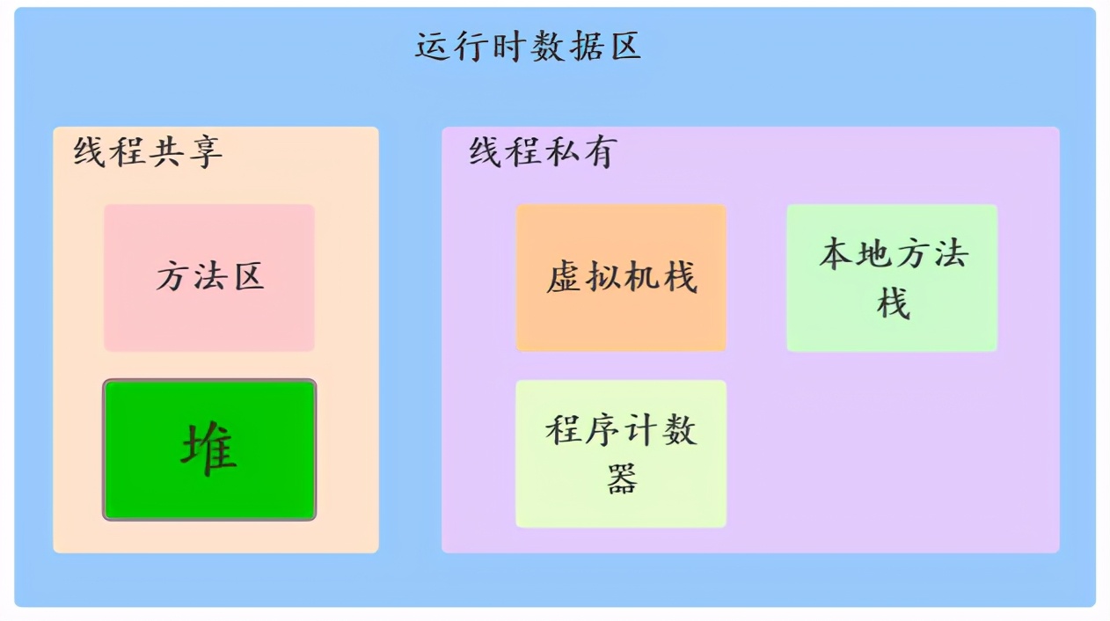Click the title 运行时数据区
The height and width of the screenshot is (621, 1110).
coord(528,47)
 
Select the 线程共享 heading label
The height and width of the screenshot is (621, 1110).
coord(148,152)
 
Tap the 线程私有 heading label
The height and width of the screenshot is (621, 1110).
coord(543,152)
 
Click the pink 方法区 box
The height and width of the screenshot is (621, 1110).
coord(209,278)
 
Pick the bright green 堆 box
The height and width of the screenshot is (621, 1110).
coord(209,449)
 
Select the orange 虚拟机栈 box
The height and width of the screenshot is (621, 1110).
coord(621,278)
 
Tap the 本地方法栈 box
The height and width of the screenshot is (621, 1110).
coord(891,278)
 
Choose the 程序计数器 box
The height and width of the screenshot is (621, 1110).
coord(621,454)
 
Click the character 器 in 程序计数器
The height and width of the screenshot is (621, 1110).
coord(622,479)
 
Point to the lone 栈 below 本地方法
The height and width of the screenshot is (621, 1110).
coord(893,304)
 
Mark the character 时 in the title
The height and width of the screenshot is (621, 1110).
coord(509,47)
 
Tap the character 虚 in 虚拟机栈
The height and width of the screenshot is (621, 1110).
coord(564,278)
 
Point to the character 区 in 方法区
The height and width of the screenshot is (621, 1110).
coord(248,278)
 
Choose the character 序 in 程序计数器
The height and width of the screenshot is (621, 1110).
coord(602,430)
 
